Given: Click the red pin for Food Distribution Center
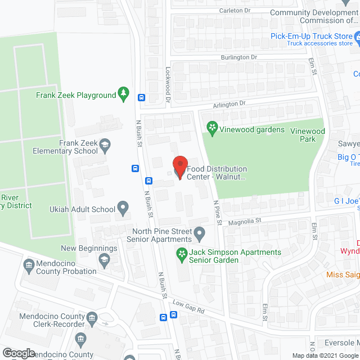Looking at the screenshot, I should click(x=179, y=166).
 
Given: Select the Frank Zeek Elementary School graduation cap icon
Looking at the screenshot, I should click(x=105, y=147).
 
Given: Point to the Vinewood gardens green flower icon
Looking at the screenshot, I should click(x=211, y=129).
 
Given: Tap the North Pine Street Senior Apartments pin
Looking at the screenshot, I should click(x=199, y=232).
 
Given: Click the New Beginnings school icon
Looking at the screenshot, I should click(x=104, y=259).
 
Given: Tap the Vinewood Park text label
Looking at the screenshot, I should click(x=307, y=135).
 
